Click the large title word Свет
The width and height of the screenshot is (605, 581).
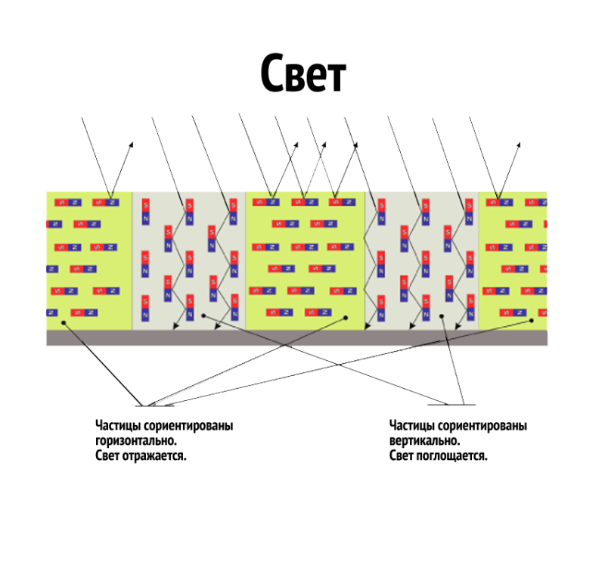tap(302, 73)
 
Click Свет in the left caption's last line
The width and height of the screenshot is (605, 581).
tap(107, 456)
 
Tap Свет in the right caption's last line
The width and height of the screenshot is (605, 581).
tap(401, 456)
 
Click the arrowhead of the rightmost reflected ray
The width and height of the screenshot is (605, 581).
tap(519, 143)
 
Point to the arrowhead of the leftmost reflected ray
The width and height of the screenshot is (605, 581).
tap(132, 143)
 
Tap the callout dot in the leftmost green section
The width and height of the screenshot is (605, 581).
tap(64, 322)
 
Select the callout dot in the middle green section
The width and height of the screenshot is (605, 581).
tap(345, 318)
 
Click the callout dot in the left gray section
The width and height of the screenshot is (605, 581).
tap(203, 315)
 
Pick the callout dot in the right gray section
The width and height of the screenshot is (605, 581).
tap(442, 317)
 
